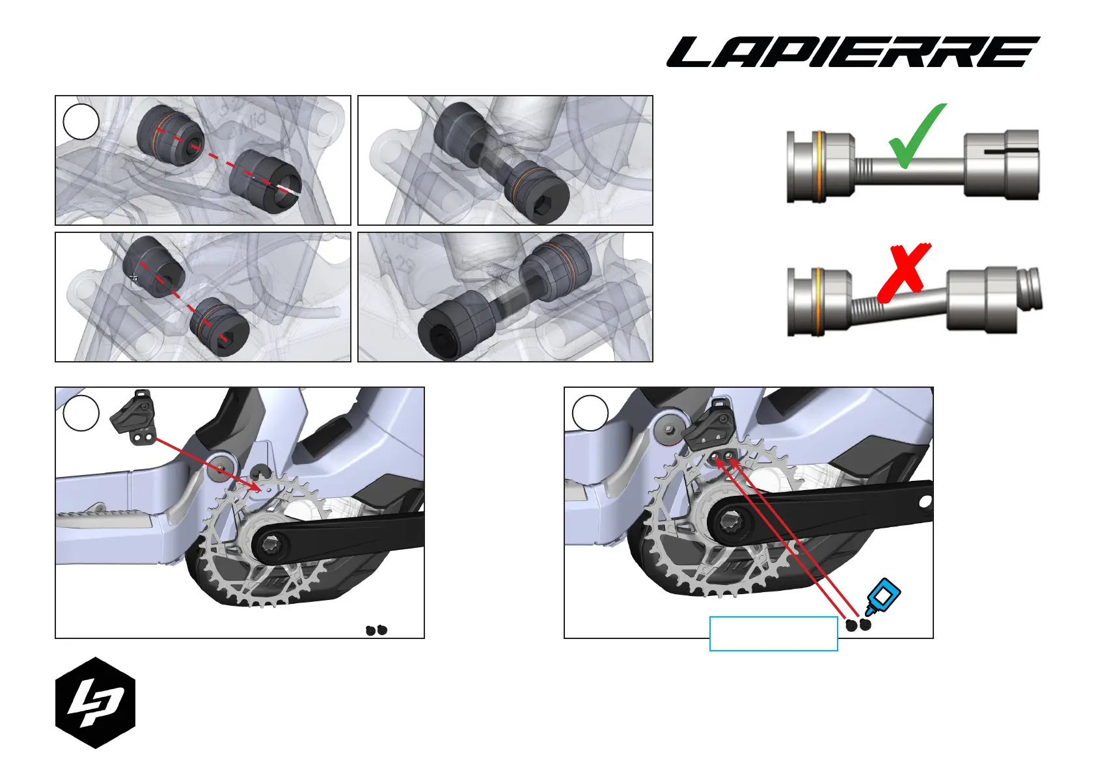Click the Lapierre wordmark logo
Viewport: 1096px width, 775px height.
[853, 52]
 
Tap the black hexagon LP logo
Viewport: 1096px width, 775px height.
[95, 703]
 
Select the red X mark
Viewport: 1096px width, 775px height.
[904, 273]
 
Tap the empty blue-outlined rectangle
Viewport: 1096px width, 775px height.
[773, 633]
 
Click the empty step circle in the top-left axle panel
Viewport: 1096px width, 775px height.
[81, 122]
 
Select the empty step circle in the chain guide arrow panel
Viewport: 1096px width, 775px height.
[81, 413]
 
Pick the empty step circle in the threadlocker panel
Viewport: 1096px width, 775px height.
[590, 413]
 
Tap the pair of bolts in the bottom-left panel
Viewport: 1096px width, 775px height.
[376, 630]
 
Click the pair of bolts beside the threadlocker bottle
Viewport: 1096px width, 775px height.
[858, 625]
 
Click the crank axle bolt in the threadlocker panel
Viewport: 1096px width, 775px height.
[730, 522]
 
